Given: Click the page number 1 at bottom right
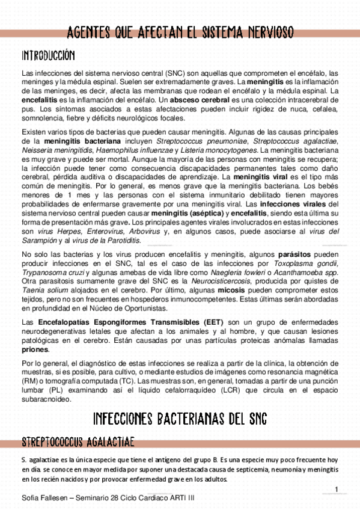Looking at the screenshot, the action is tap(337, 488).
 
